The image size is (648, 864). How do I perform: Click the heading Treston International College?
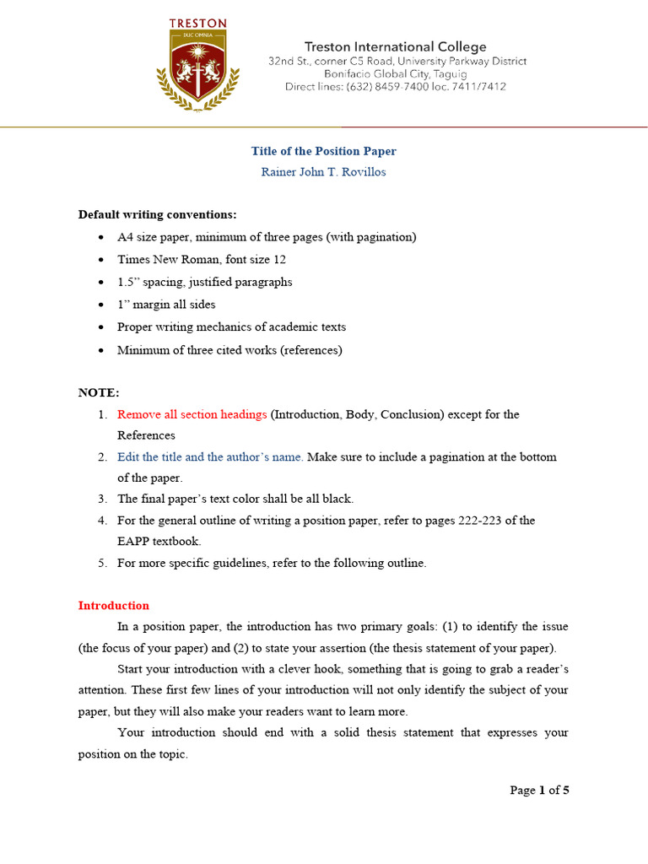click(x=395, y=47)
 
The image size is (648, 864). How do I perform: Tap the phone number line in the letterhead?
click(x=395, y=86)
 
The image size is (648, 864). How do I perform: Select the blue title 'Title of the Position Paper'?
click(x=323, y=151)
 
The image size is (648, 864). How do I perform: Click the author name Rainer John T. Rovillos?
click(x=323, y=172)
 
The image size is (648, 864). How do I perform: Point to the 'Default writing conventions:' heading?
click(x=158, y=214)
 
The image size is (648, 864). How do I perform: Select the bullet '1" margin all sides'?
click(x=166, y=305)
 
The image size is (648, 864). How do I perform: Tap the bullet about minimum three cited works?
click(x=229, y=350)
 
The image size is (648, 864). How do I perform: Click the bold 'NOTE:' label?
click(x=99, y=393)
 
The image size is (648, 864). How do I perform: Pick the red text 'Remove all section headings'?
click(x=192, y=414)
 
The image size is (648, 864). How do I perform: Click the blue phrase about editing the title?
click(x=210, y=456)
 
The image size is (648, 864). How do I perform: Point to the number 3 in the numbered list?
click(x=101, y=499)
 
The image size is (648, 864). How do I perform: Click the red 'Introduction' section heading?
click(x=114, y=605)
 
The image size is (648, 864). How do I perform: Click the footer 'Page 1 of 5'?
click(x=540, y=791)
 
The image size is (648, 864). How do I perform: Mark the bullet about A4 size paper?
click(x=267, y=237)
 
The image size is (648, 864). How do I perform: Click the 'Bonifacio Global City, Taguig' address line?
click(x=395, y=73)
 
